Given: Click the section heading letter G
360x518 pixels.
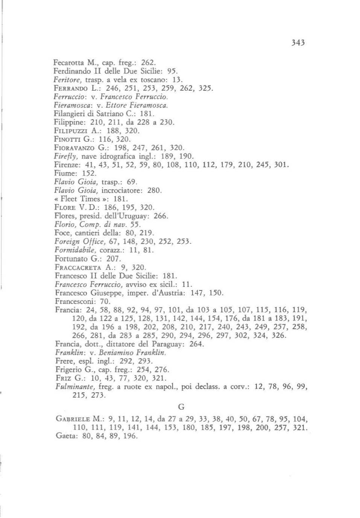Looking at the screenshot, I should tap(181, 407).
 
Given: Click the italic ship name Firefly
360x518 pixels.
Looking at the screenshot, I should tap(66, 156).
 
